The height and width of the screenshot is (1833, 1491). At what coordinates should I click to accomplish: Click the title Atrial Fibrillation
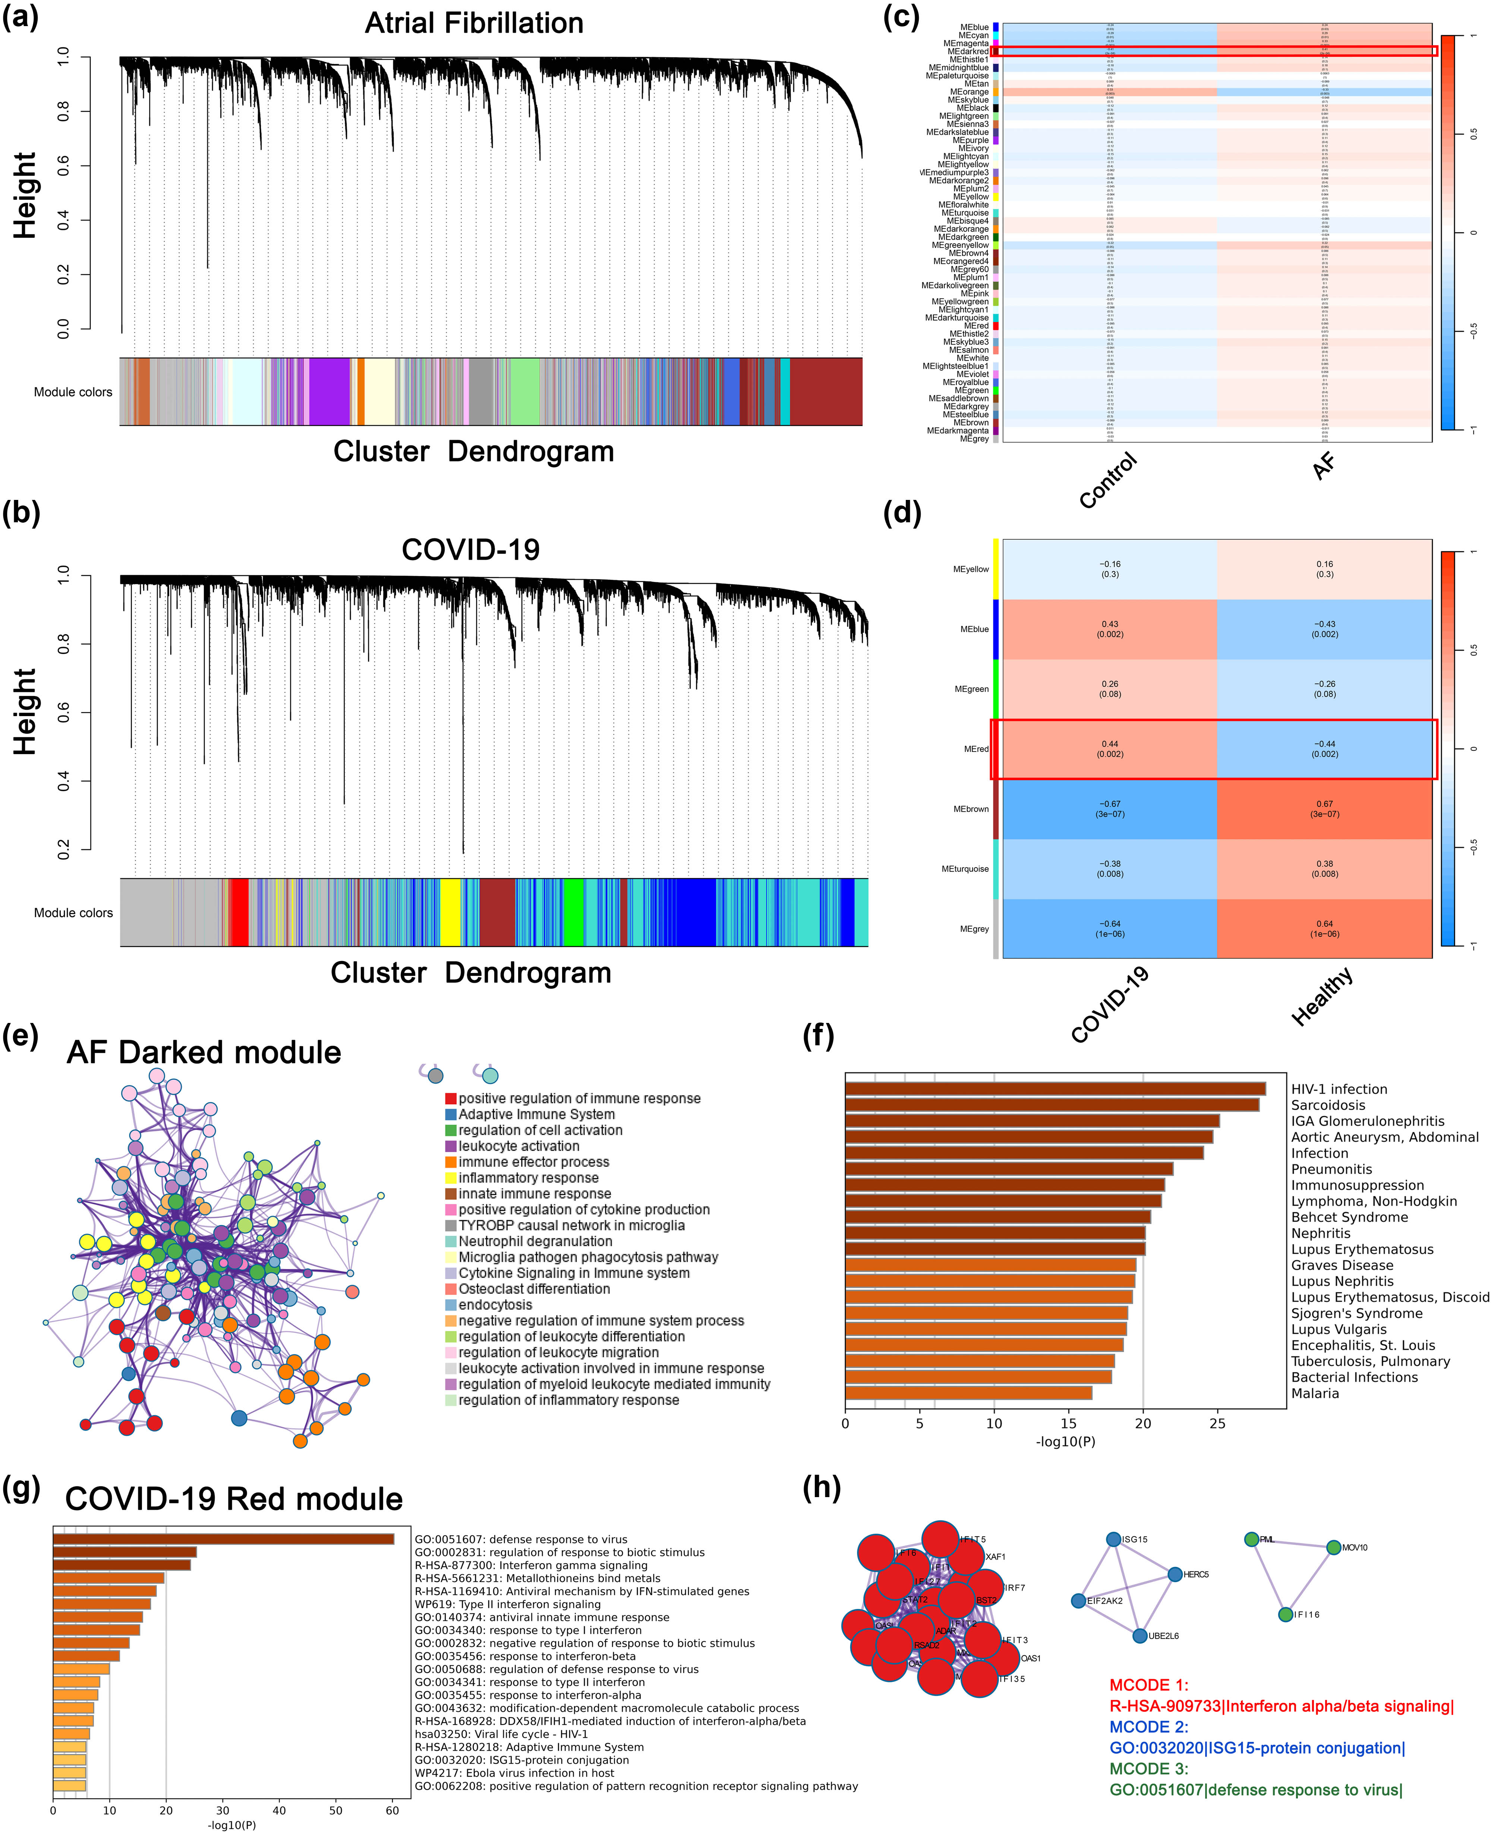pos(474,23)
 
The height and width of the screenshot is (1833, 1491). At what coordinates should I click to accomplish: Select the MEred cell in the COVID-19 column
pos(1110,749)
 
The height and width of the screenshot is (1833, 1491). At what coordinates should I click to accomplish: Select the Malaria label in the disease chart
pos(1315,1393)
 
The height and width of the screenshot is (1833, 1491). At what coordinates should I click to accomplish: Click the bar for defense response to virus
pos(223,1539)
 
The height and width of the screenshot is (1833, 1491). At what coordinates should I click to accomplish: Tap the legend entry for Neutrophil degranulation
pos(535,1241)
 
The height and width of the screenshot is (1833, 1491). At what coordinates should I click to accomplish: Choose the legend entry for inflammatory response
pos(528,1178)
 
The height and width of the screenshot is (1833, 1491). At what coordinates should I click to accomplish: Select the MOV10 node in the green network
pos(1333,1548)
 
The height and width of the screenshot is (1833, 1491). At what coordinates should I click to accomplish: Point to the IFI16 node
pos(1285,1615)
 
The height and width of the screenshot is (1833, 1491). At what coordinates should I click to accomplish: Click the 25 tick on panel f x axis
pos(1217,1423)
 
